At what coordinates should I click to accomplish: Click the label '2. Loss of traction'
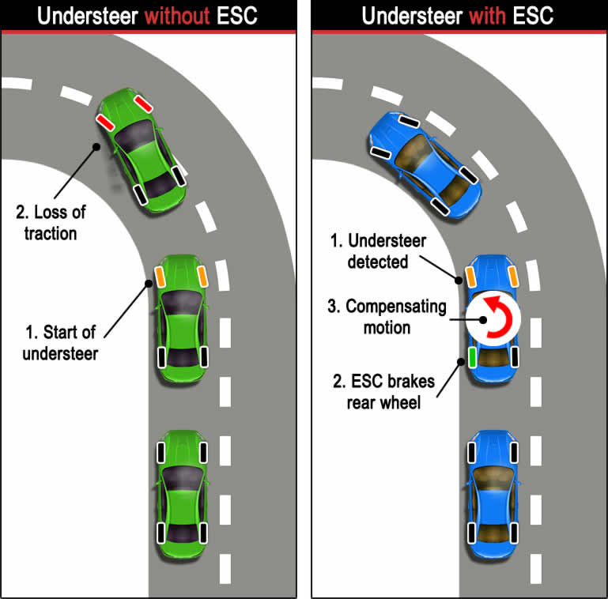(51, 222)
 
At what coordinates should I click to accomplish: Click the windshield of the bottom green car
(183, 477)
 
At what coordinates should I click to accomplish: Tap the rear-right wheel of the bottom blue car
(515, 531)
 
